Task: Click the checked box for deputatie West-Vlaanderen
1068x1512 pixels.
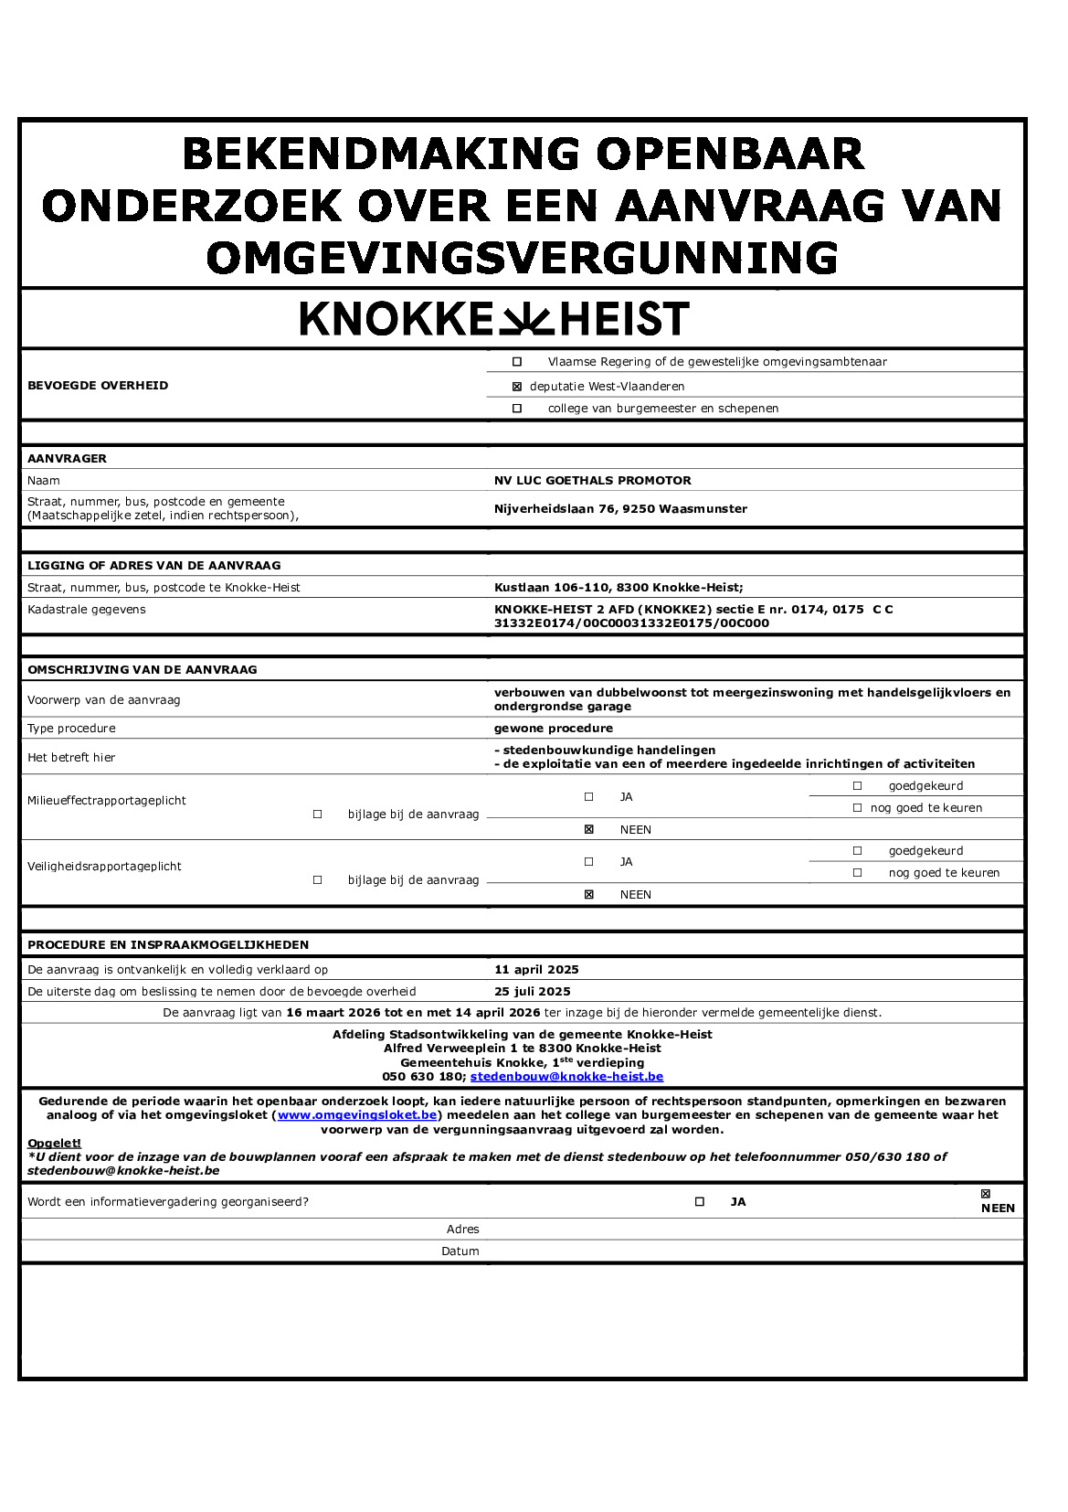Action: point(517,387)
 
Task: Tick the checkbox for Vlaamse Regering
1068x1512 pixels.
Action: point(517,362)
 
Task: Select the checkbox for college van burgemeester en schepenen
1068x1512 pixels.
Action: point(517,409)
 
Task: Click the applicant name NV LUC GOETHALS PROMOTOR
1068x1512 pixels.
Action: point(592,481)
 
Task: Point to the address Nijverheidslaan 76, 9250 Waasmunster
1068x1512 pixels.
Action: point(620,509)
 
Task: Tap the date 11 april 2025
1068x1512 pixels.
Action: point(536,970)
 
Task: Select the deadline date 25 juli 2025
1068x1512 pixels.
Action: point(532,992)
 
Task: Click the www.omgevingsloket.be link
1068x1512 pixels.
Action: point(357,1115)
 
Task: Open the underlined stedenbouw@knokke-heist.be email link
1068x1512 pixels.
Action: point(566,1077)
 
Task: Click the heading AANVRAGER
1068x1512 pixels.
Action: point(67,459)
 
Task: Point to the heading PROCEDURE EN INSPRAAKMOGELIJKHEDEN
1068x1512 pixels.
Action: point(168,945)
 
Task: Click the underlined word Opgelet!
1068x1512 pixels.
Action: point(54,1144)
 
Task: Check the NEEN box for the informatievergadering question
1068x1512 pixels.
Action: point(985,1194)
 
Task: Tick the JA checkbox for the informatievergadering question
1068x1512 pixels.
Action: point(700,1202)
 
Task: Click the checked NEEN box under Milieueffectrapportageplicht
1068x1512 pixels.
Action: point(589,830)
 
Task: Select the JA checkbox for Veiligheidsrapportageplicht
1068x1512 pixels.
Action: point(589,862)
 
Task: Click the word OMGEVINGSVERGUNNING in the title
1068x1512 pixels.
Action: point(523,258)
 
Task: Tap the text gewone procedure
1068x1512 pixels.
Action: point(553,729)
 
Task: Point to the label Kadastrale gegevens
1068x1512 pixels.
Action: point(87,610)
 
